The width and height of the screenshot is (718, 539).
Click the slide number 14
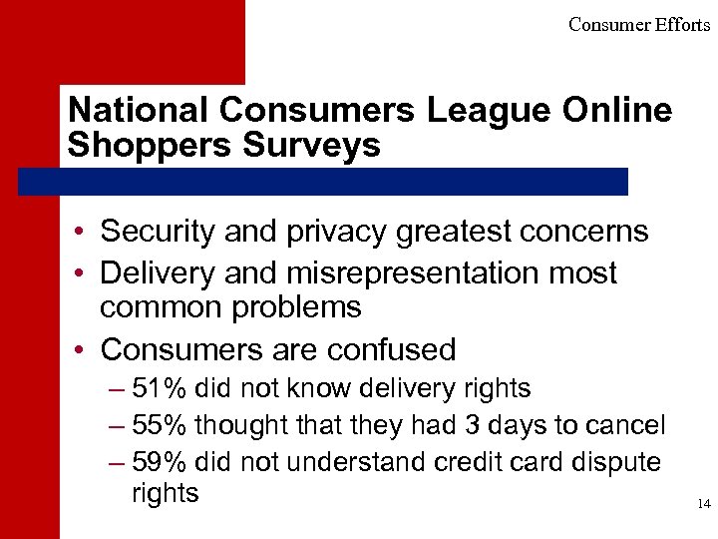click(x=704, y=505)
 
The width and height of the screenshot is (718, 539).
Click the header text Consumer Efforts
click(x=639, y=25)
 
